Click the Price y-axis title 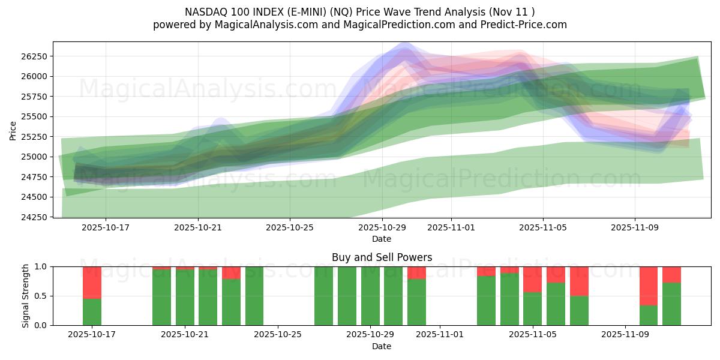click(13, 130)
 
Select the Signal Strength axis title click(25, 296)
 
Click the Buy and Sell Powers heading click(382, 257)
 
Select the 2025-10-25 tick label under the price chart click(290, 228)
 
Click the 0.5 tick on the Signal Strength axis click(42, 296)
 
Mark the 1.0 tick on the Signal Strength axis click(42, 266)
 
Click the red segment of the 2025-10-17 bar click(92, 282)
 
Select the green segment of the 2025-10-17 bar click(92, 312)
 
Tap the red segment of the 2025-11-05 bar click(532, 279)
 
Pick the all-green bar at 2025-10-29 click(370, 296)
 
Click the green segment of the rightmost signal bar click(671, 304)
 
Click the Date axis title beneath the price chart click(382, 239)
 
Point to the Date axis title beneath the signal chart click(382, 346)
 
